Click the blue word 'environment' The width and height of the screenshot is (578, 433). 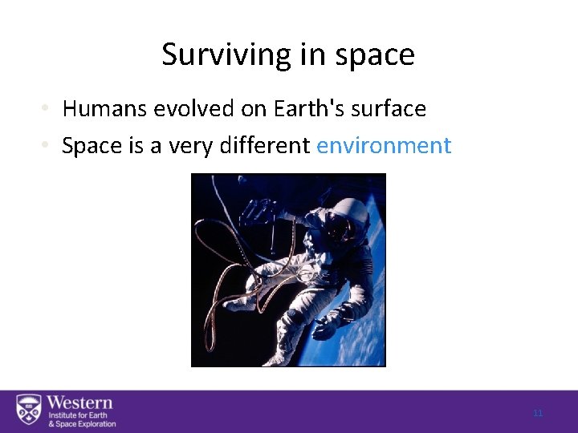tap(384, 146)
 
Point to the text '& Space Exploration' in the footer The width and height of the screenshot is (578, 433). tap(82, 424)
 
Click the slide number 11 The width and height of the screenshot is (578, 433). tap(538, 413)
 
